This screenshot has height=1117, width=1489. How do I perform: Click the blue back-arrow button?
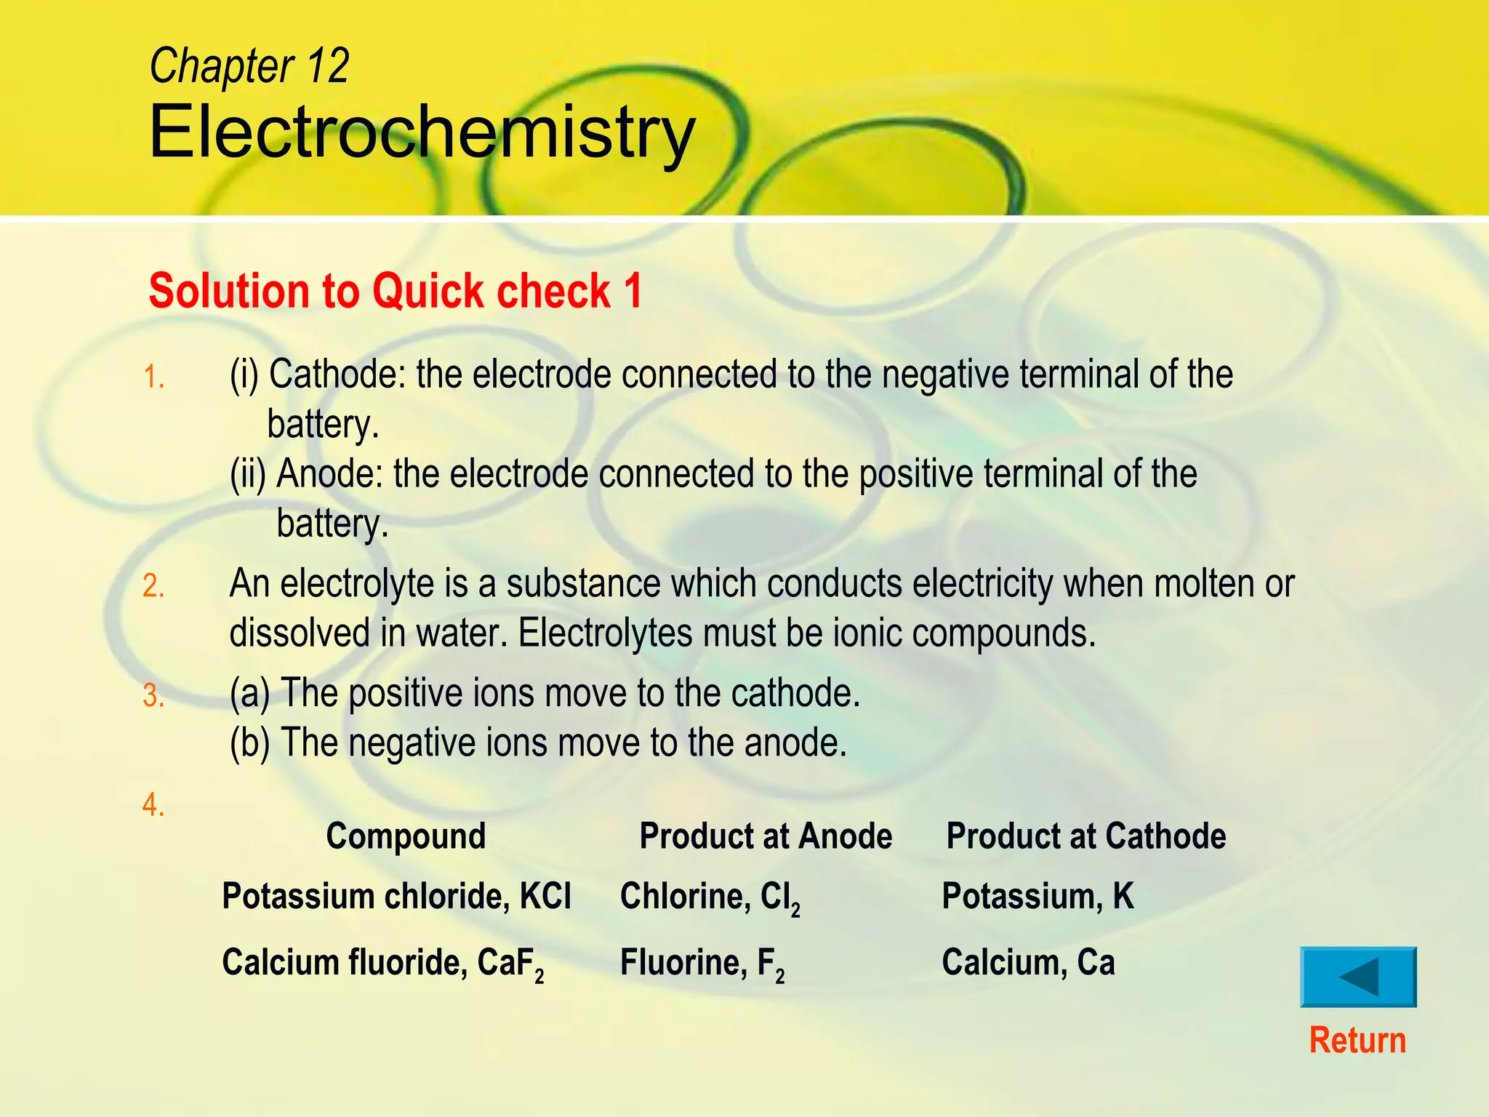pyautogui.click(x=1358, y=977)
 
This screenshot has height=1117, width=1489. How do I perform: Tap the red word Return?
pyautogui.click(x=1357, y=1041)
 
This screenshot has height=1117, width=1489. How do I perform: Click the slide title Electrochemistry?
pyautogui.click(x=422, y=132)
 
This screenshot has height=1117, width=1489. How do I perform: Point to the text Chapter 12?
pyautogui.click(x=249, y=66)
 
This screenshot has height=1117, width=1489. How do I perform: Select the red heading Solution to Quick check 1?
pyautogui.click(x=396, y=292)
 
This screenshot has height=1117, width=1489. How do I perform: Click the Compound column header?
pyautogui.click(x=406, y=836)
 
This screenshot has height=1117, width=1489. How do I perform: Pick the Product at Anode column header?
pyautogui.click(x=766, y=836)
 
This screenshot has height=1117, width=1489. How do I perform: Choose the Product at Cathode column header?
pyautogui.click(x=1085, y=836)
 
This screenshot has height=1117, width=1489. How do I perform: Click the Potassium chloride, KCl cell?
pyautogui.click(x=396, y=896)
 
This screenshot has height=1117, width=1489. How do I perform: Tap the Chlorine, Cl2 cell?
pyautogui.click(x=710, y=897)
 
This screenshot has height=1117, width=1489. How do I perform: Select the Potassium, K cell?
pyautogui.click(x=1038, y=896)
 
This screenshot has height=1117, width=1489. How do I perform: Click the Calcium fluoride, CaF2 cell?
pyautogui.click(x=382, y=964)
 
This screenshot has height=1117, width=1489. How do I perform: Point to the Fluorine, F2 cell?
pyautogui.click(x=702, y=964)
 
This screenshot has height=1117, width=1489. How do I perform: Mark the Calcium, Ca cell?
pyautogui.click(x=1028, y=963)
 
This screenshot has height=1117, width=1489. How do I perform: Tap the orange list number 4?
pyautogui.click(x=153, y=805)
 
